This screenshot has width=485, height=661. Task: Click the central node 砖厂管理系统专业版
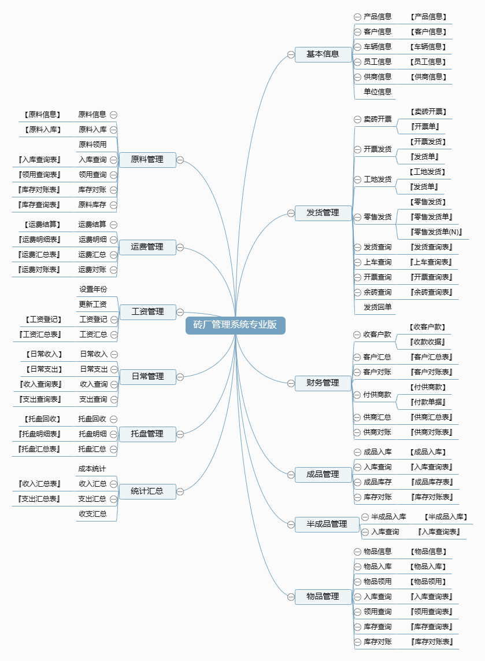point(235,325)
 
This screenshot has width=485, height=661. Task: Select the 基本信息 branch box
point(323,54)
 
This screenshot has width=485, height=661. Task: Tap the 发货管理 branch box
point(323,213)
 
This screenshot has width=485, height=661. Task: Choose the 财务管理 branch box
point(323,383)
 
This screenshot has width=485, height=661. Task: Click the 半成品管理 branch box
point(327,524)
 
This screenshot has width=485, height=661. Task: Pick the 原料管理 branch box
point(147,160)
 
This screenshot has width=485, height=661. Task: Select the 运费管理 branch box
point(147,247)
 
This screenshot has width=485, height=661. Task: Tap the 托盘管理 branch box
point(147,434)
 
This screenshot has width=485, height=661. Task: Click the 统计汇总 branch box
point(147,491)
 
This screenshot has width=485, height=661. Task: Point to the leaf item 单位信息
point(377,92)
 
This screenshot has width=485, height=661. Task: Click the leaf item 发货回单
point(377,307)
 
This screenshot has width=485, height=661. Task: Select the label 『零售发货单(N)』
point(436,232)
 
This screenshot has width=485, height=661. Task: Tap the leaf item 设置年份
point(93,289)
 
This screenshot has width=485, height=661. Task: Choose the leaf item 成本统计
point(92,469)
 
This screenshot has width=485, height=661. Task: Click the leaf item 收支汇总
point(92,514)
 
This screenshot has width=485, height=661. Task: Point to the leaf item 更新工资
point(92,304)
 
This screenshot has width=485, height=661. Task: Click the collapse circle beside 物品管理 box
point(291,597)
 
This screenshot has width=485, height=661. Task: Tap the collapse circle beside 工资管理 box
point(180,313)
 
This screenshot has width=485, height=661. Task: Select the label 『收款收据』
point(428,342)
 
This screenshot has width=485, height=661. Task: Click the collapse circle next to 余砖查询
point(357,292)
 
